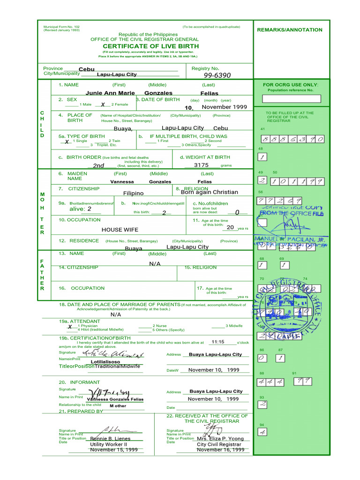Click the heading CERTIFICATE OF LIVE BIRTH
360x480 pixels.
click(150, 46)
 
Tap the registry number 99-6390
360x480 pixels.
click(217, 75)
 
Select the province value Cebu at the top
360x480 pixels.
click(87, 69)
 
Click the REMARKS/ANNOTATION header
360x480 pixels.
click(290, 30)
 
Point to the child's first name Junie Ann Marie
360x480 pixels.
click(110, 93)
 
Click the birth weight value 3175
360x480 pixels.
click(201, 165)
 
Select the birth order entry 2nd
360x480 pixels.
click(98, 165)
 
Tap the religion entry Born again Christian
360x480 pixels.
click(209, 192)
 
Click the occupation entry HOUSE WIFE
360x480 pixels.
click(120, 230)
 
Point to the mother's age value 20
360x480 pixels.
click(230, 227)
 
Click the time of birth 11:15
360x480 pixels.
click(218, 342)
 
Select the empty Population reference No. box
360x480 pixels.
click(291, 98)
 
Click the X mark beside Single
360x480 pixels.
click(67, 142)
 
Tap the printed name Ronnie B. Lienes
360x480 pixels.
click(111, 439)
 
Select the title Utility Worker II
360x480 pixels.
click(108, 444)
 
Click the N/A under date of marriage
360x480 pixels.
click(116, 315)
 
